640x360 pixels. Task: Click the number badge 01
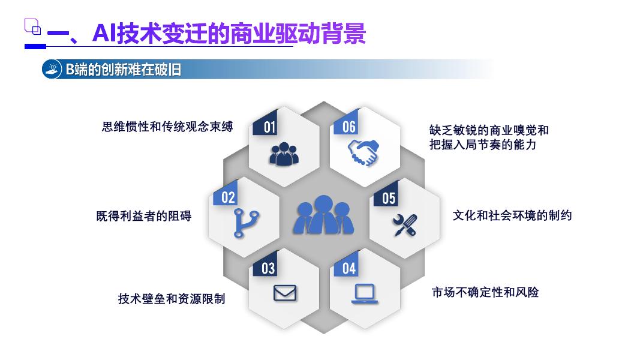click(270, 127)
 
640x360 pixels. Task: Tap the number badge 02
click(228, 197)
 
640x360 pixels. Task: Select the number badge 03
click(268, 268)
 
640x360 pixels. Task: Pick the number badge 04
click(349, 268)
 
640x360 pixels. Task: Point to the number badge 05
click(389, 197)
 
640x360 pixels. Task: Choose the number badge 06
click(349, 127)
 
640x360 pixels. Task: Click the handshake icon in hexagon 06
click(363, 153)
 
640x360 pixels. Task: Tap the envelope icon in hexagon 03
click(285, 293)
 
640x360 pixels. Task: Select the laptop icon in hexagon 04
click(364, 293)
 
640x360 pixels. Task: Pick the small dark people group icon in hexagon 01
click(284, 154)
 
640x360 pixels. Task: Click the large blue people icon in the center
click(323, 215)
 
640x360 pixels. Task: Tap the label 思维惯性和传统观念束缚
click(167, 127)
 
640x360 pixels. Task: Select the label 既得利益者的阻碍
click(144, 216)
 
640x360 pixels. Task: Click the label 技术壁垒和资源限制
click(172, 298)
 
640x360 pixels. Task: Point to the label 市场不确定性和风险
click(485, 292)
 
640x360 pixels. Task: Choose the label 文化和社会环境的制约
click(512, 215)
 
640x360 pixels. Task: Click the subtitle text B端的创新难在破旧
click(123, 70)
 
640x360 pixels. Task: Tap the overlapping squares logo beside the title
click(32, 26)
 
